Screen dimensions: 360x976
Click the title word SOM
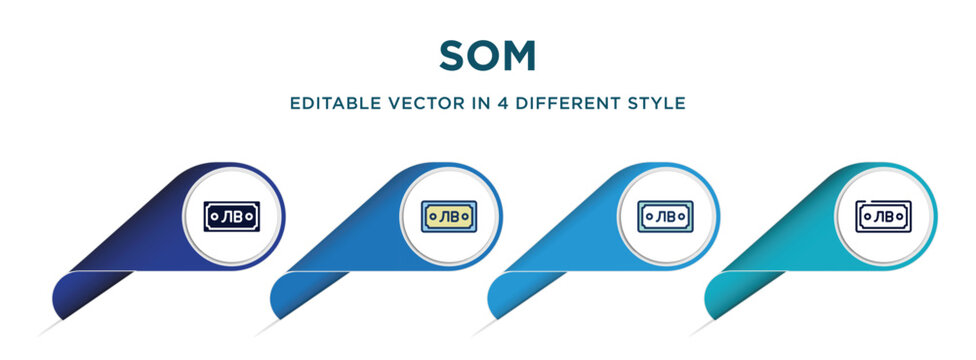pos(487,56)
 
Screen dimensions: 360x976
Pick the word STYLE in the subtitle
pos(658,103)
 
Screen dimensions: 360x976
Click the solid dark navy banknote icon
pos(231,215)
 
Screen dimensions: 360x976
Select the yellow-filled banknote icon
pos(448,215)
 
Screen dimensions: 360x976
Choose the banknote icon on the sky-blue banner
pos(665,215)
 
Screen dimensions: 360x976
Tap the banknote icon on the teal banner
pos(882,215)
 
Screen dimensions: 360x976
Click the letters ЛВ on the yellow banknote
pos(449,215)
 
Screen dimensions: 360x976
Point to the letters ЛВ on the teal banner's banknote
pos(883,216)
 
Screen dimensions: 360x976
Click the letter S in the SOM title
pos(452,56)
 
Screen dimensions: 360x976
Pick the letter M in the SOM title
pos(522,56)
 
